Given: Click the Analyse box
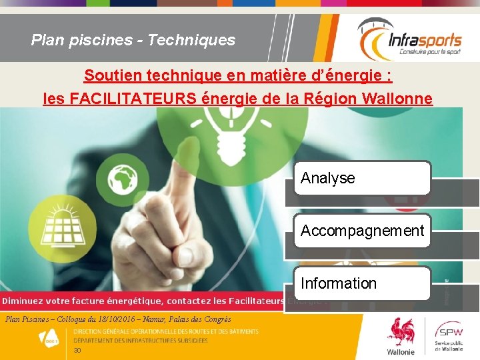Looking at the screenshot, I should pos(362,178).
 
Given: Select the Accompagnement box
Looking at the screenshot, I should pos(362,231).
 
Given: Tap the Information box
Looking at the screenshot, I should pos(362,283).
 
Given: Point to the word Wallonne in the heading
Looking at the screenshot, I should pos(399,99).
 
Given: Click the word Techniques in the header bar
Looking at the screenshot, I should pos(191,40).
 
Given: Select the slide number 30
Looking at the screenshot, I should pos(77,351).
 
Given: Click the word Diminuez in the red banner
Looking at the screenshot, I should pos(29,301).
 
